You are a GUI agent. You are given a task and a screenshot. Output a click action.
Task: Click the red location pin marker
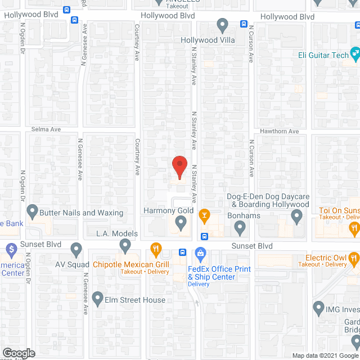pyautogui.click(x=179, y=167)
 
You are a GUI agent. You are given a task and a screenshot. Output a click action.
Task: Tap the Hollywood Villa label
pyautogui.click(x=207, y=40)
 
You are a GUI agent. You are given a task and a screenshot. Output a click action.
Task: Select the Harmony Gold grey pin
pyautogui.click(x=181, y=223)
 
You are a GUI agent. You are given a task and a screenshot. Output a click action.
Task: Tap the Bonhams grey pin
pyautogui.click(x=240, y=228)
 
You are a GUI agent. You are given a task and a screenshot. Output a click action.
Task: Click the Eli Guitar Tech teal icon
pyautogui.click(x=355, y=54)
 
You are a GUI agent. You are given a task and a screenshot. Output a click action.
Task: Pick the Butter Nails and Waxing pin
pyautogui.click(x=32, y=212)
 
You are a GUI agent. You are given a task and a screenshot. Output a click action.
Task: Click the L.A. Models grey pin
pyautogui.click(x=125, y=245)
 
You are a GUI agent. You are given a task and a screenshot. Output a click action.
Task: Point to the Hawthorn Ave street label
pyautogui.click(x=279, y=131)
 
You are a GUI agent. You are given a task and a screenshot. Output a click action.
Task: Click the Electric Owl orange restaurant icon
pyautogui.click(x=354, y=259)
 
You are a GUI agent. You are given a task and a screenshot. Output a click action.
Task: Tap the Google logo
pyautogui.click(x=18, y=353)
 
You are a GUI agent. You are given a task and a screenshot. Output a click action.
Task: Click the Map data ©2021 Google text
pyautogui.click(x=325, y=355)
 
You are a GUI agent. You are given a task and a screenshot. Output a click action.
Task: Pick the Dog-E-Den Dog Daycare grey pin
pyautogui.click(x=296, y=216)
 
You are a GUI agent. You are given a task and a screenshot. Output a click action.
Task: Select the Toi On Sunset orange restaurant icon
pyautogui.click(x=354, y=228)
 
